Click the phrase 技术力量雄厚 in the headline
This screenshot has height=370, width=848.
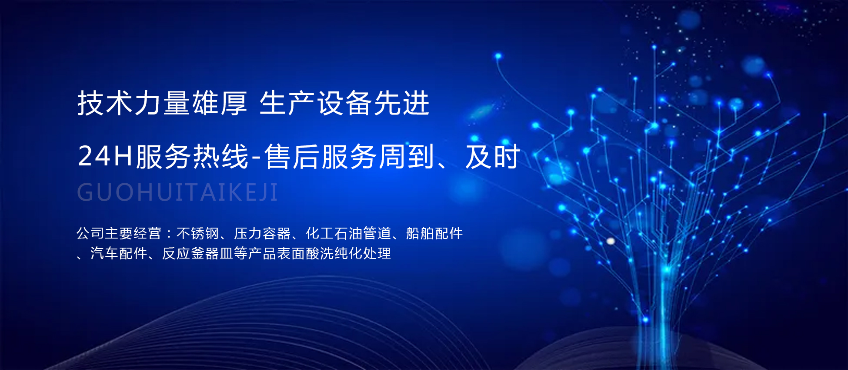pos(162,104)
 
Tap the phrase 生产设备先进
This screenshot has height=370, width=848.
pos(344,104)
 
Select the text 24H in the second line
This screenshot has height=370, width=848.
pos(105,156)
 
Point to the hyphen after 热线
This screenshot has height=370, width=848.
pos(256,157)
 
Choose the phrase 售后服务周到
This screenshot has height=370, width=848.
pos(349,156)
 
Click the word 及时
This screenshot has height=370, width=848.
pos(492,156)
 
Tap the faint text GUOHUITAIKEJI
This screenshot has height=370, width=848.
pos(177,192)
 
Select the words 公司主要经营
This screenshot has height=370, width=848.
pos(119,233)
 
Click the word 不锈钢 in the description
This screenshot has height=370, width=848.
pos(197,233)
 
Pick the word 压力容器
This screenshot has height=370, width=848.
pos(262,233)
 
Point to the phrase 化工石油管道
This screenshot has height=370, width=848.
pos(348,233)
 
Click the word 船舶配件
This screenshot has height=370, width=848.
pos(434,233)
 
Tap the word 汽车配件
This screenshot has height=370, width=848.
pos(119,253)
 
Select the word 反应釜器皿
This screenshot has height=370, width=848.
pos(197,253)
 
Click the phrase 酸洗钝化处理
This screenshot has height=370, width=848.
pos(348,253)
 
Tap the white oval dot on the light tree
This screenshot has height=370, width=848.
pos(611,241)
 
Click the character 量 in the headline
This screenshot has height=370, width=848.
pos(177,104)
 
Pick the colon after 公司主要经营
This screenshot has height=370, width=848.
pos(169,234)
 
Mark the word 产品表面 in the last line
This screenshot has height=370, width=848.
pos(277,253)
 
